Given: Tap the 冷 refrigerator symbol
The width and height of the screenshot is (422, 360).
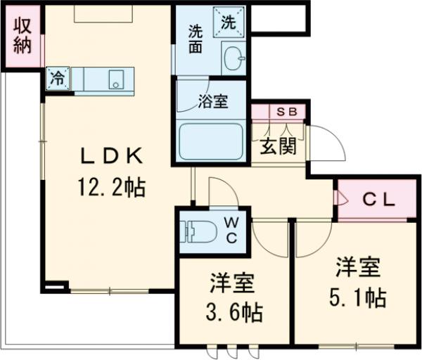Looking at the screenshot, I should (58, 79).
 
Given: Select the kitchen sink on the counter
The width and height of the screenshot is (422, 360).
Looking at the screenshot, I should (115, 81).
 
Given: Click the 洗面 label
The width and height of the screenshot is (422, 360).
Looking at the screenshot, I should (196, 39).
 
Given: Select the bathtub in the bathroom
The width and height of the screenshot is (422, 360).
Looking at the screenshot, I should (211, 143).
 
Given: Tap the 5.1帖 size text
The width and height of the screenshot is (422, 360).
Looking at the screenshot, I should (358, 297).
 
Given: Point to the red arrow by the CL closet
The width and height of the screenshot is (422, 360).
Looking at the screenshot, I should (343, 200).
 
